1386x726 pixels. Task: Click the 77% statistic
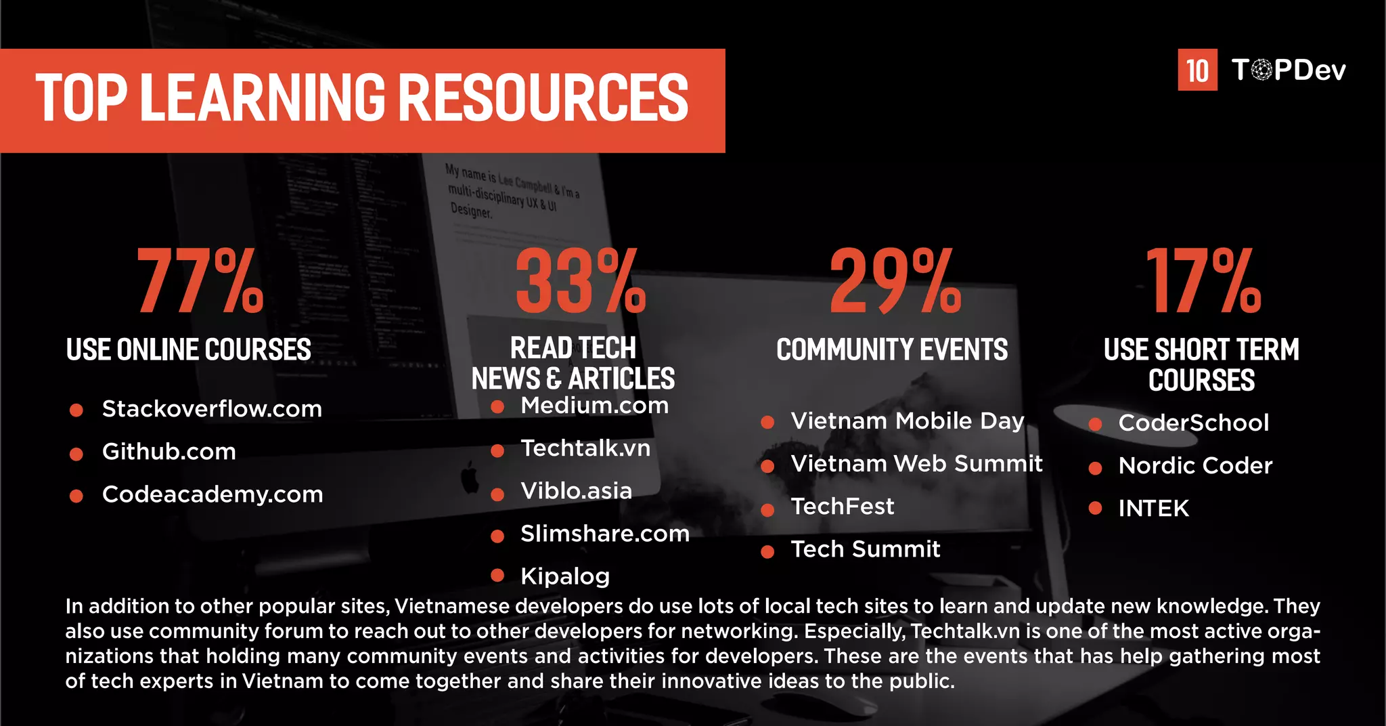coord(200,281)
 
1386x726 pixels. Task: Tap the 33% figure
coord(581,281)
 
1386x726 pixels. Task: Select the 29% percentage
coord(895,281)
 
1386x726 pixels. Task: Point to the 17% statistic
coord(1203,281)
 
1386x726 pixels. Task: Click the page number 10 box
coord(1197,70)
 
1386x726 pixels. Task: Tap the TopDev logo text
coord(1289,70)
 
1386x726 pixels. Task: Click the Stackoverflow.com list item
coord(212,409)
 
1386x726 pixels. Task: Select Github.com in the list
coord(169,452)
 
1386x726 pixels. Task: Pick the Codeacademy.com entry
coord(213,494)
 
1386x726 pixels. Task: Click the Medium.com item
coord(594,406)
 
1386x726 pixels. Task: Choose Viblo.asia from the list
coord(576,491)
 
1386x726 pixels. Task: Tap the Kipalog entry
coord(565,576)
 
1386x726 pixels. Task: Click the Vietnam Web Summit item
coord(916,464)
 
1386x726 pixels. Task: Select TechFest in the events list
coord(843,507)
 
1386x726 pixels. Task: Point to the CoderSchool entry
coord(1194,423)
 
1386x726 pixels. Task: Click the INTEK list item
coord(1153,509)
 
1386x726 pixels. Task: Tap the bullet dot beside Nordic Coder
coord(1096,467)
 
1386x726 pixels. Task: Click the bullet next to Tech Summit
coord(767,552)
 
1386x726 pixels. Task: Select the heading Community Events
coord(892,350)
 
